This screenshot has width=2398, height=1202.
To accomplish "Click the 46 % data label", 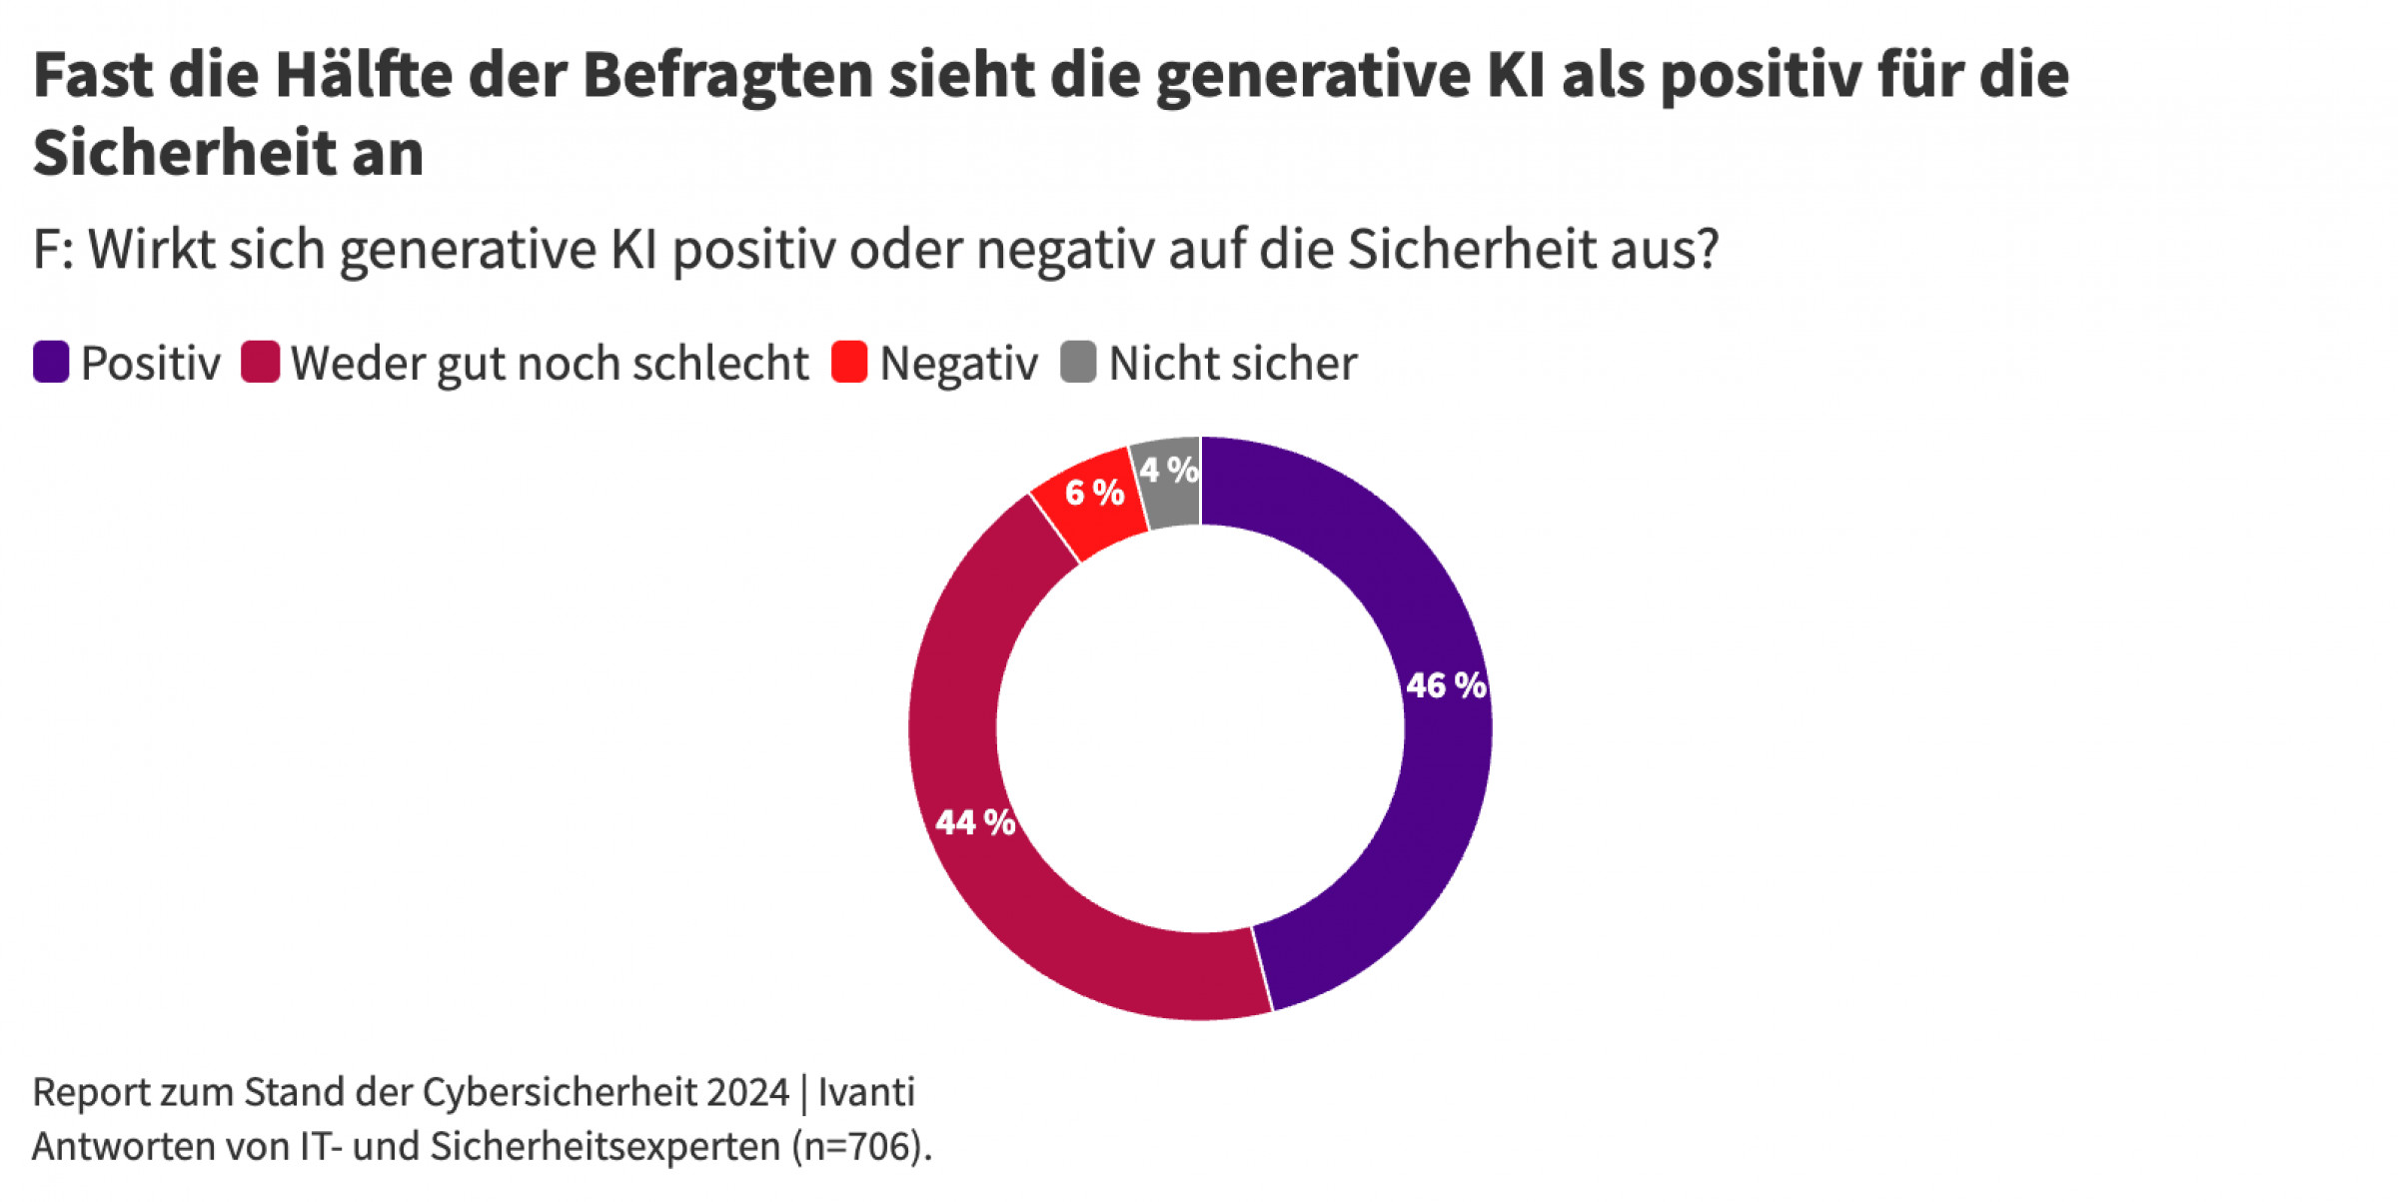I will coord(1446,685).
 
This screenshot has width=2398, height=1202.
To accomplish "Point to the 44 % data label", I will coord(975,822).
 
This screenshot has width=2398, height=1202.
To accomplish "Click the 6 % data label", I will coord(1094,493).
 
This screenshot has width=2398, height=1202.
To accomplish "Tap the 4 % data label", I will coord(1169,470).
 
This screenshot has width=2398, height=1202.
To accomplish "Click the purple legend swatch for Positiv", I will coord(51,362).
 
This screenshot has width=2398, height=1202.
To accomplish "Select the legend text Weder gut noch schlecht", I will coord(550,363).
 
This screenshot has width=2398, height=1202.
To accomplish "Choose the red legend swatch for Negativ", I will coord(849,362).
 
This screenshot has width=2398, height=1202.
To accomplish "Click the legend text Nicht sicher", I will coord(1233,363).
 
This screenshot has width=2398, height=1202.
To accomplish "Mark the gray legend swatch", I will coord(1078,362).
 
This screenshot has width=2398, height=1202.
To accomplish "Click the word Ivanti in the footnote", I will coord(866,1092).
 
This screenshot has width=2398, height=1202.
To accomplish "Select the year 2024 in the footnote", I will coord(747,1092).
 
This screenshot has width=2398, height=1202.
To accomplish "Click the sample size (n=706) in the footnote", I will coord(858,1147).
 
